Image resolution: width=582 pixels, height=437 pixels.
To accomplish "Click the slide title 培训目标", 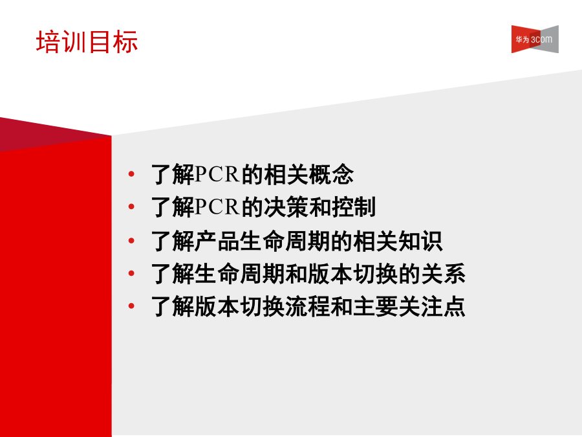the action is (x=87, y=41).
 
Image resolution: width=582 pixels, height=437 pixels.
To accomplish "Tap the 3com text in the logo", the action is (x=541, y=39).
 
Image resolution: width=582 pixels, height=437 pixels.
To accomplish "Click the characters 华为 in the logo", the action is (x=523, y=39).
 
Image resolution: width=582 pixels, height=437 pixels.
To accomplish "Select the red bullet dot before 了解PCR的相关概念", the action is (x=131, y=174).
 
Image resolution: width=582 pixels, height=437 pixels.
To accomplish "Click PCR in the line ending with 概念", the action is (x=217, y=174).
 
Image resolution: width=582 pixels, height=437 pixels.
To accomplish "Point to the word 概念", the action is (x=331, y=174).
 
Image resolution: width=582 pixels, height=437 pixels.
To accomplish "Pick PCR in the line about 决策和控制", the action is (x=217, y=207).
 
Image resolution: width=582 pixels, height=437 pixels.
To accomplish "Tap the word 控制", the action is (x=354, y=207).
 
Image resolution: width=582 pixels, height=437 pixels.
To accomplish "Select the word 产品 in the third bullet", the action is (x=217, y=241).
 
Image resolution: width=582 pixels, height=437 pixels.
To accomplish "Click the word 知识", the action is (x=420, y=241).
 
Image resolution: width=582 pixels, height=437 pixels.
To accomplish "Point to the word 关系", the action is (x=443, y=273).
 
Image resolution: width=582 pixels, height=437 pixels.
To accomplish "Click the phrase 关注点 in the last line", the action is (x=432, y=306).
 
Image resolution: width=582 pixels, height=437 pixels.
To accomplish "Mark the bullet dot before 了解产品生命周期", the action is (x=131, y=241).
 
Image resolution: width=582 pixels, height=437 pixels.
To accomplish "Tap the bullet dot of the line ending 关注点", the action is (x=131, y=306).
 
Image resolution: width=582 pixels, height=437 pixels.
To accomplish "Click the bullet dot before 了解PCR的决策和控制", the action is (x=131, y=207).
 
